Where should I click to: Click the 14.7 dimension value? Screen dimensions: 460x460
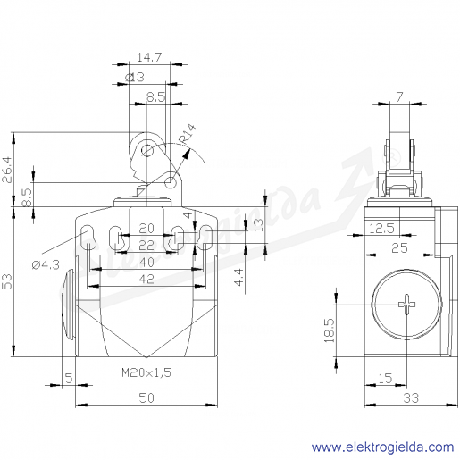pyautogui.click(x=149, y=57)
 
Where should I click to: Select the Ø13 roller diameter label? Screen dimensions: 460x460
pyautogui.click(x=135, y=77)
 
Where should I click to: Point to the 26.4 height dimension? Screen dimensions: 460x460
pyautogui.click(x=7, y=170)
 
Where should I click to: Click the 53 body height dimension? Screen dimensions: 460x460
pyautogui.click(x=7, y=281)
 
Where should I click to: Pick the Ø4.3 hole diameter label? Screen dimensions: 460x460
pyautogui.click(x=46, y=264)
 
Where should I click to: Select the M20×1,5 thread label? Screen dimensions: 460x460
pyautogui.click(x=146, y=372)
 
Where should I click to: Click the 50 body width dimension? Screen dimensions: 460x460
pyautogui.click(x=146, y=398)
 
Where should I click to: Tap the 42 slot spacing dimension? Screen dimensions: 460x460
pyautogui.click(x=146, y=280)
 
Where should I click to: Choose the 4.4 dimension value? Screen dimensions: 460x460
pyautogui.click(x=239, y=277)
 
